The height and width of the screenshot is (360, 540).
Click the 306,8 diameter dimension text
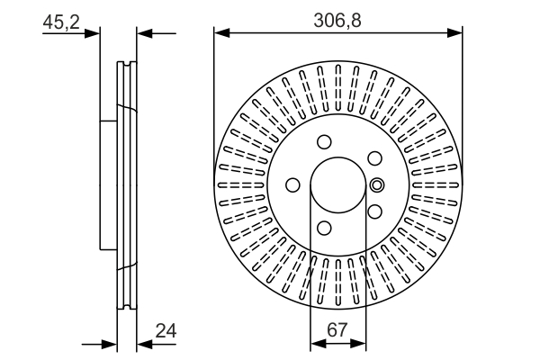337,16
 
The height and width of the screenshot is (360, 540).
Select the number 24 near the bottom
164,332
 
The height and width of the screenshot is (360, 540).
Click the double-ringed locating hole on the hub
377,185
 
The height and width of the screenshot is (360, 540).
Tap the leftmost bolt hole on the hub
292,185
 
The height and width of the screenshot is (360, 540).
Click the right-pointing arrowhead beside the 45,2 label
93,34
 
